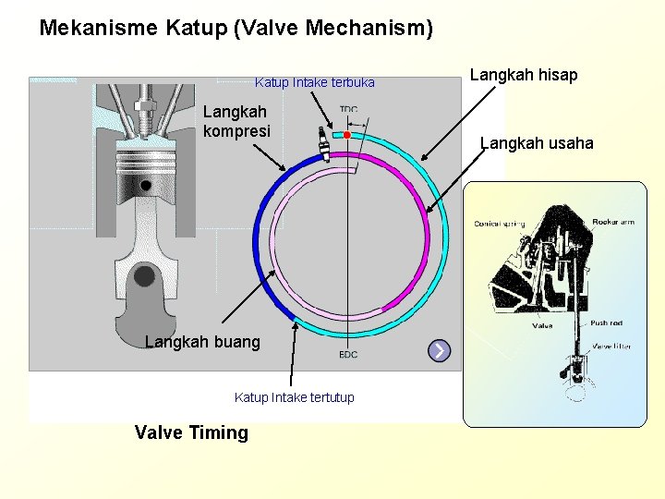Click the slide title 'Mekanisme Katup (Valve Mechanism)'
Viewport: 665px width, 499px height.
(x=236, y=28)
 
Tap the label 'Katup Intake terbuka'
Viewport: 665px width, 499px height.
(x=315, y=83)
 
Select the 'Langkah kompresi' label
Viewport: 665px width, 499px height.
(x=236, y=121)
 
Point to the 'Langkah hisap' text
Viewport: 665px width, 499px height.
(x=524, y=75)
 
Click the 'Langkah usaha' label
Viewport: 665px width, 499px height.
(x=537, y=143)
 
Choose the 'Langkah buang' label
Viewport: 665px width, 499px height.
(x=202, y=342)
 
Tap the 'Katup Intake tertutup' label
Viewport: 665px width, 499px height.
(x=294, y=397)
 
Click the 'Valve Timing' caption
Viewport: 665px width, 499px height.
(x=191, y=432)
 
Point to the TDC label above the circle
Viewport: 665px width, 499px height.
(x=348, y=109)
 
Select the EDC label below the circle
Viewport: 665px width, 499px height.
(x=348, y=355)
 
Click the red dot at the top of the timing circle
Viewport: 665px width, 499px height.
(x=347, y=135)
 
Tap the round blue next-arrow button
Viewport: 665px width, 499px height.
(x=440, y=351)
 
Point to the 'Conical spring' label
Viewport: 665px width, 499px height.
(x=499, y=224)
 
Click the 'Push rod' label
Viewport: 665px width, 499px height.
(x=607, y=323)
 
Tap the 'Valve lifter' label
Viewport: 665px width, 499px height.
(x=611, y=346)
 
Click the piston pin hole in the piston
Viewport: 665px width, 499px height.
(x=145, y=186)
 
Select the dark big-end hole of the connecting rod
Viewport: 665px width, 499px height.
(x=144, y=274)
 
